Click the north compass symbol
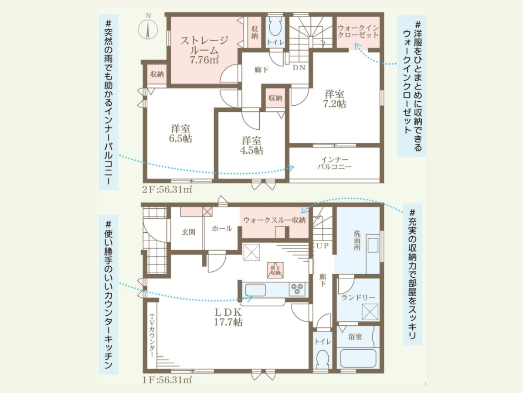(x=148, y=29)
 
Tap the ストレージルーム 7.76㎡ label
(x=204, y=50)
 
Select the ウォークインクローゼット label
(x=358, y=31)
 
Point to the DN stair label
(x=299, y=68)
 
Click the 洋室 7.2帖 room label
(x=334, y=99)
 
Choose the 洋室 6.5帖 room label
(x=180, y=134)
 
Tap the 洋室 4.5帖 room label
(x=251, y=145)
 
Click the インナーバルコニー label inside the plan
(x=334, y=163)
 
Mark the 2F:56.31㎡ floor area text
(x=167, y=190)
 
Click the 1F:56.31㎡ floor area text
(x=167, y=380)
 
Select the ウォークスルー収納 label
(x=275, y=220)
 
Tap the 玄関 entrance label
(x=188, y=232)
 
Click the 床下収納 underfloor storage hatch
(x=275, y=270)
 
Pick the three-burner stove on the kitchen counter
(x=297, y=289)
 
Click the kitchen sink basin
(x=255, y=290)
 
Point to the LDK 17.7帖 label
(x=228, y=317)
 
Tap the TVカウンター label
(x=152, y=336)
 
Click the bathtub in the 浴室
(x=358, y=359)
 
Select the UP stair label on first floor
(x=323, y=245)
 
